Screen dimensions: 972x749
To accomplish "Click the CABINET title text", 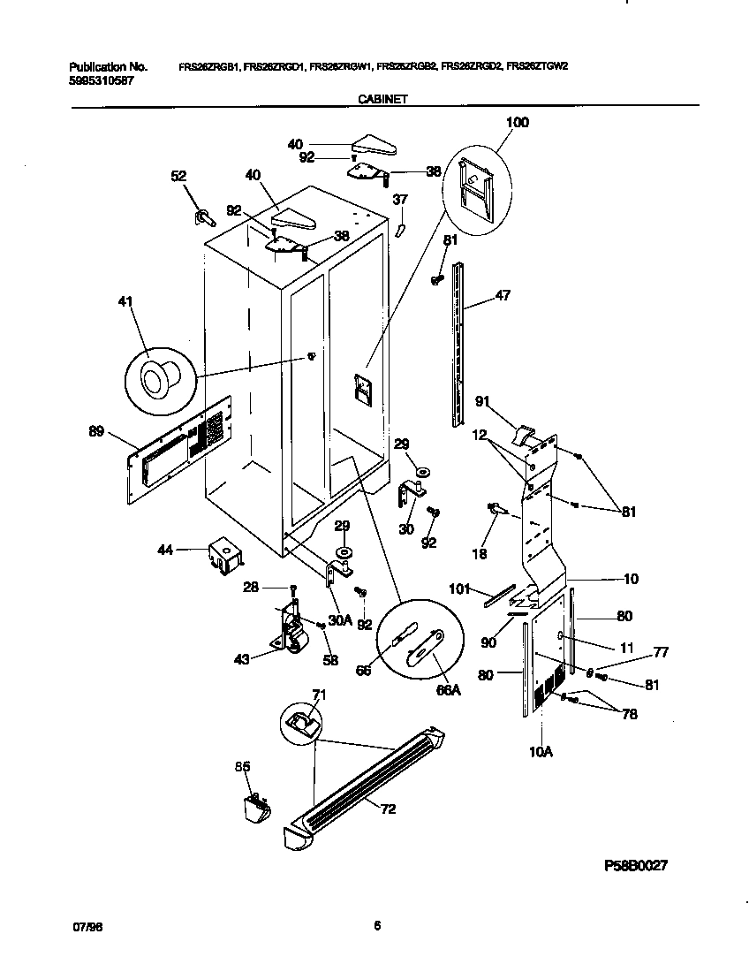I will click(x=382, y=101).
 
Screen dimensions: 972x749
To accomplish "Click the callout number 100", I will click(x=517, y=122).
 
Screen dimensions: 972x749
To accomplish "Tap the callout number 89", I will click(x=97, y=432).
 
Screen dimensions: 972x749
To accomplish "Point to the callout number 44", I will click(x=165, y=550).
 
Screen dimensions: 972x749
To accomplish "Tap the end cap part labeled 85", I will click(x=253, y=809).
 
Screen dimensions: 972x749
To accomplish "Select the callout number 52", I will click(x=178, y=177).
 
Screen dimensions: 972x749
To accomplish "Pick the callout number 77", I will click(x=661, y=652).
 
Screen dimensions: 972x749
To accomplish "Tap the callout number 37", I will click(x=400, y=200).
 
